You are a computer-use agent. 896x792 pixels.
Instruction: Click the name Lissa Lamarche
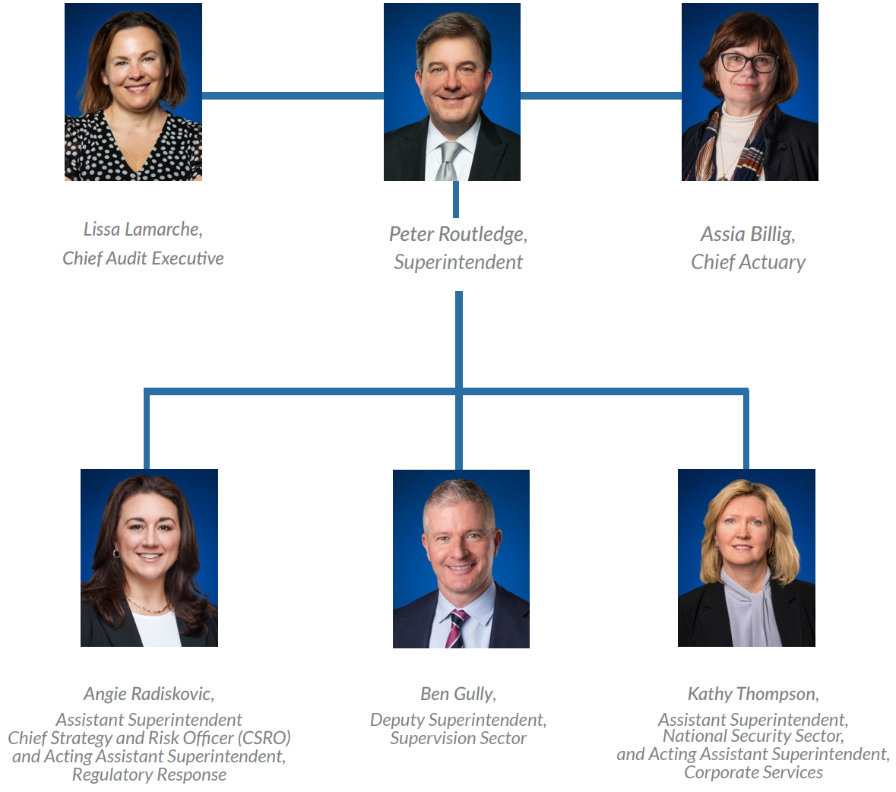(142, 230)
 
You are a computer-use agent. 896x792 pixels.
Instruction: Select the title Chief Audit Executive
(143, 258)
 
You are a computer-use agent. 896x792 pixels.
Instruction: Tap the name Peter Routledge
(457, 234)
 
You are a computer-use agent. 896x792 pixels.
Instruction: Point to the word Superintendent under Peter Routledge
(457, 262)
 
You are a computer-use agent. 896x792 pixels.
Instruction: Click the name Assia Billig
(747, 234)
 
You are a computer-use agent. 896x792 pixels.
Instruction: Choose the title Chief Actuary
(748, 262)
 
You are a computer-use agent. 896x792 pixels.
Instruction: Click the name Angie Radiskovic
(148, 694)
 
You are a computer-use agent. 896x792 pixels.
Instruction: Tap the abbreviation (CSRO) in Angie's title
(264, 738)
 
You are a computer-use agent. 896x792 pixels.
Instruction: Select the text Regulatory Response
(149, 775)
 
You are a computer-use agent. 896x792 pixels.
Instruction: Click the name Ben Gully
(457, 694)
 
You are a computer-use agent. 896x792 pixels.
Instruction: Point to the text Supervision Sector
(458, 738)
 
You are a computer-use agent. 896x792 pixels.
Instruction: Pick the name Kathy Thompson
(752, 694)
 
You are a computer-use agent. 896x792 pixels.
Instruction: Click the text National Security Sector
(752, 736)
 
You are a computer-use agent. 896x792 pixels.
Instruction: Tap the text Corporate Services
(753, 772)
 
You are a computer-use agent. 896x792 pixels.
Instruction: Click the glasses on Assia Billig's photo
(748, 62)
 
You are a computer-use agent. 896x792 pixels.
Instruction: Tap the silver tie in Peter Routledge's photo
(448, 160)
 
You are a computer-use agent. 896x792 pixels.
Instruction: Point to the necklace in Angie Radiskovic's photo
(148, 607)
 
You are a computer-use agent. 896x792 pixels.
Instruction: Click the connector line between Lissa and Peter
(293, 96)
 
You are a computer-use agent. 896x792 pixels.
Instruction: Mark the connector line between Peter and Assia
(600, 96)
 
